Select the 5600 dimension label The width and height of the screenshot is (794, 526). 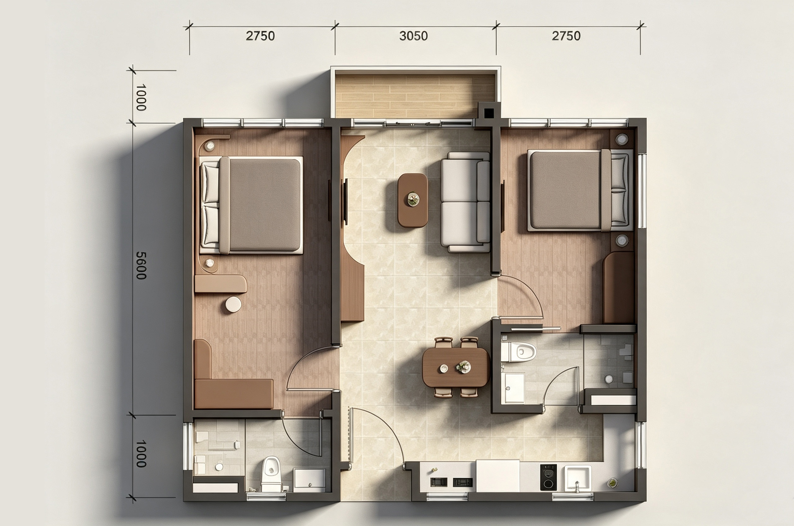[141, 265]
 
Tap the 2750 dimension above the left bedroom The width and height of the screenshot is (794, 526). [260, 36]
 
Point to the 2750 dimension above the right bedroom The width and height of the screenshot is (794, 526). [566, 36]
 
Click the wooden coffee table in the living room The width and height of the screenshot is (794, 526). [413, 200]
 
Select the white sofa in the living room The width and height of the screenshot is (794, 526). [465, 202]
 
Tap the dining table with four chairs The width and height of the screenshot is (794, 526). [456, 367]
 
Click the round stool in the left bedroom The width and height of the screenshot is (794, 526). [233, 305]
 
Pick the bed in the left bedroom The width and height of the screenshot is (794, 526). [251, 205]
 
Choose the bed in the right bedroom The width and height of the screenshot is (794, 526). [580, 190]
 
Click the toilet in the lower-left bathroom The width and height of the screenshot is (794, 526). [271, 474]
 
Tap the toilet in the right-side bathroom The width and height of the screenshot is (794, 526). [519, 352]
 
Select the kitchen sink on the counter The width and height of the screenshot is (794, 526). [578, 478]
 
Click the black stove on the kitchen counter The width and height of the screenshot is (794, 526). [548, 477]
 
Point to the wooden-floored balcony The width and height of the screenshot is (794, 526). [415, 96]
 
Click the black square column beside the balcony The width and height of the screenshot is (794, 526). [489, 114]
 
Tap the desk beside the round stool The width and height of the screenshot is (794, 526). [221, 284]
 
